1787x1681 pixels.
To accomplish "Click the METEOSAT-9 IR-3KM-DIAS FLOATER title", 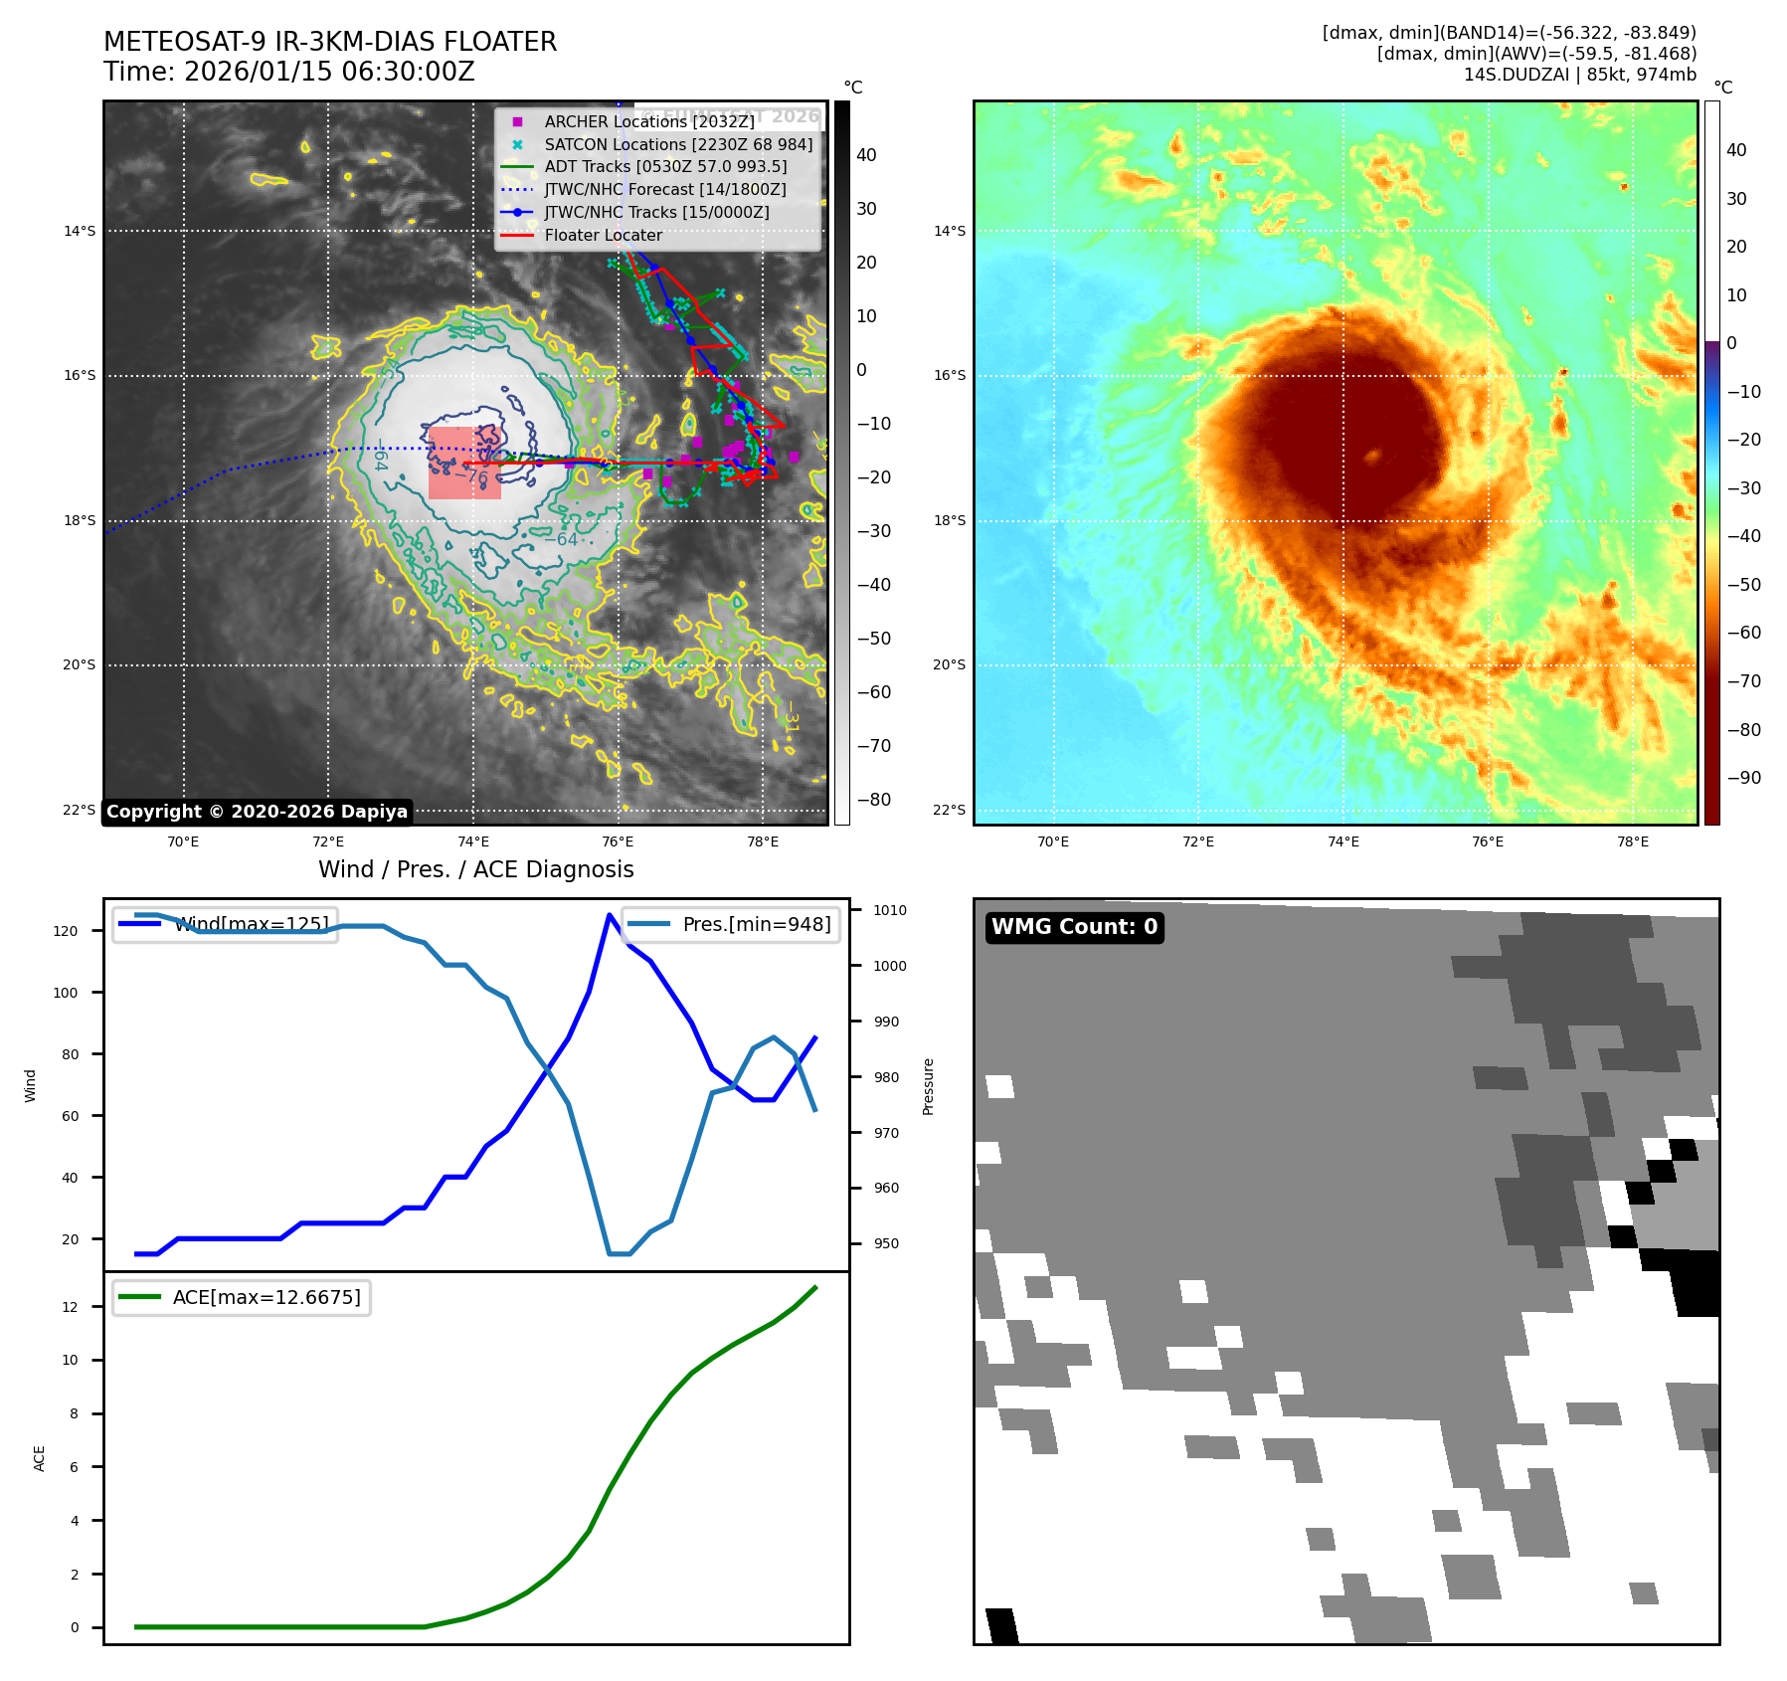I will [x=330, y=42].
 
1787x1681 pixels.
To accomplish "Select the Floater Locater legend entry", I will [x=603, y=236].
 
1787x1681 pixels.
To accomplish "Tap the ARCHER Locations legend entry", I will [x=648, y=121].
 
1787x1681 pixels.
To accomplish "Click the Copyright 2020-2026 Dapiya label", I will [x=257, y=812].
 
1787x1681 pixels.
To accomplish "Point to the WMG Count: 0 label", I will [x=1074, y=927].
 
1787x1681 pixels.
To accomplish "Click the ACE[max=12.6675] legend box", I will [x=242, y=1297].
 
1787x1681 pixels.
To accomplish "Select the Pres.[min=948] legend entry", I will [x=731, y=924].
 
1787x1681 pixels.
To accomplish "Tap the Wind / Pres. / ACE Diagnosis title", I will [x=475, y=869].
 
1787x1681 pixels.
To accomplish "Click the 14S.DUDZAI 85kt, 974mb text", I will [x=1579, y=75].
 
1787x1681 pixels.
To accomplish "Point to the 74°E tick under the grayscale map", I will [x=472, y=841].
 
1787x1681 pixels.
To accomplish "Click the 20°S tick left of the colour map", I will [x=949, y=665].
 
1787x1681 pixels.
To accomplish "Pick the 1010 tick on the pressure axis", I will [x=890, y=910].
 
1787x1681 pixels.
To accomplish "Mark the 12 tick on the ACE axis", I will [x=70, y=1307].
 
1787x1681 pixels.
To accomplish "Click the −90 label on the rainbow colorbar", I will [x=1743, y=778].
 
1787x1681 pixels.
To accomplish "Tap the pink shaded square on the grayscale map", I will [x=464, y=463].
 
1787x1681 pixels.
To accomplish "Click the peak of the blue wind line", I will [x=610, y=914].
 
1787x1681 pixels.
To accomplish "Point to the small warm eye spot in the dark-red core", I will [x=1373, y=456].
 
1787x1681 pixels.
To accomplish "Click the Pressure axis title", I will [x=928, y=1086].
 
